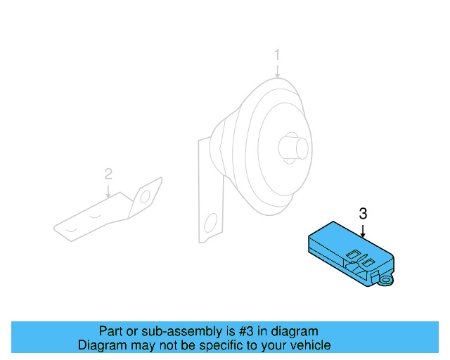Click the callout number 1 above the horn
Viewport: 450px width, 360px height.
[277, 54]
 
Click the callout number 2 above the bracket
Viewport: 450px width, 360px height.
[108, 173]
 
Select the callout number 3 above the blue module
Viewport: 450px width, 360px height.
[363, 214]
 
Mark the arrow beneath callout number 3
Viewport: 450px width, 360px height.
[363, 230]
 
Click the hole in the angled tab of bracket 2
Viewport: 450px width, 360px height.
[146, 198]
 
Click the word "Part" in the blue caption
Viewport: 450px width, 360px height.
[111, 331]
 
